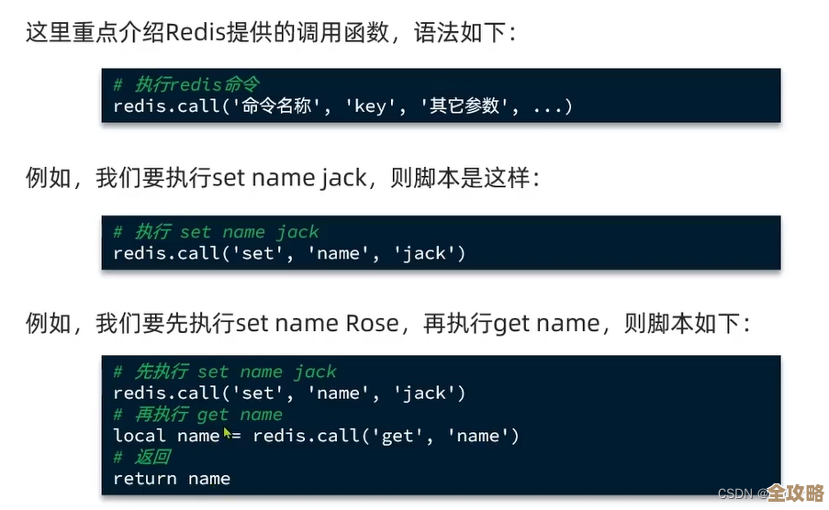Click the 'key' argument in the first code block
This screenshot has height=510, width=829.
point(369,106)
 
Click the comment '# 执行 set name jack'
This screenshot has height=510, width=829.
point(216,231)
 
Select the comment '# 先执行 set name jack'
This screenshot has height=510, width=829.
point(225,371)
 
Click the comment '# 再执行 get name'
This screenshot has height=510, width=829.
point(197,415)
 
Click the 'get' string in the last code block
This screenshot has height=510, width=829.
point(398,436)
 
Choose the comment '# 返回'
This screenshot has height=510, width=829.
point(141,457)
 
